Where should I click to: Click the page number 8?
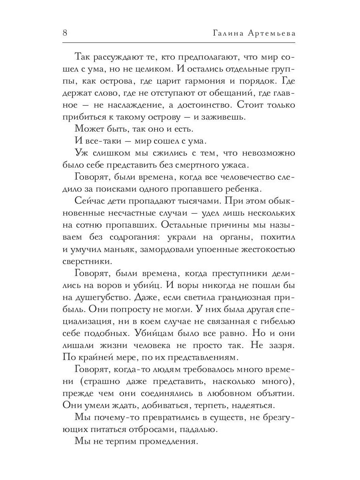pyautogui.click(x=65, y=33)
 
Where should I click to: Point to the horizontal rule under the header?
pyautogui.click(x=180, y=43)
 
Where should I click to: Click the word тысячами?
pyautogui.click(x=190, y=201)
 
